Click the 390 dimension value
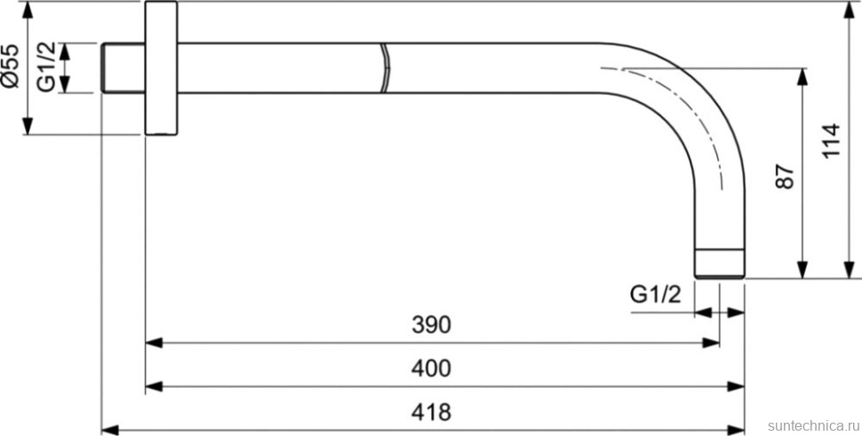pos(431,324)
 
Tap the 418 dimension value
pos(431,412)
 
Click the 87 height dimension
pos(785,177)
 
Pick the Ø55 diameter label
pos(10,67)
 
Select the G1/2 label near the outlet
pos(655,296)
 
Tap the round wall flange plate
pos(161,68)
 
